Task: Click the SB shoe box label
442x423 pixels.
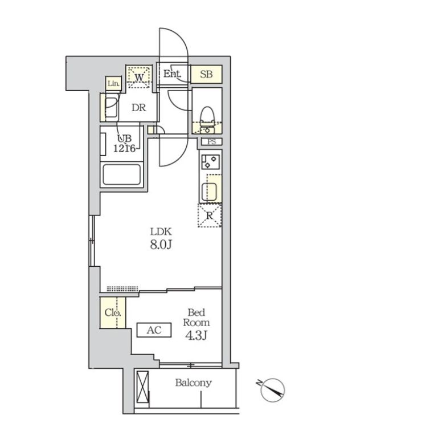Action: (206, 74)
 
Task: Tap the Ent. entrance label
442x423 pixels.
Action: (172, 74)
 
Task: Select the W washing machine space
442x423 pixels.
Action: (139, 77)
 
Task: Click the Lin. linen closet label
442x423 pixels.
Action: (113, 84)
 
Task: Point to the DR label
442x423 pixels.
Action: (139, 108)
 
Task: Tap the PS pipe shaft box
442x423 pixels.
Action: (212, 141)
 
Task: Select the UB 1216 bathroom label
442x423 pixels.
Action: (125, 143)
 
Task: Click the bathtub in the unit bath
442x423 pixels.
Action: (122, 174)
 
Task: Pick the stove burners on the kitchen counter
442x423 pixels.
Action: (210, 162)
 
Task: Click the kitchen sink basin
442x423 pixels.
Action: (209, 192)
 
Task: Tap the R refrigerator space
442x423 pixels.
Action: (210, 216)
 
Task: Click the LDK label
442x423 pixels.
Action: (161, 231)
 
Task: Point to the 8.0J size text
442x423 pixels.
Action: (161, 245)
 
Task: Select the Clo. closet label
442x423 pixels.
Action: (113, 312)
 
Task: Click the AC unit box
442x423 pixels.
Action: (154, 330)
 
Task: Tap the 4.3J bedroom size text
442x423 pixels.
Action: (196, 336)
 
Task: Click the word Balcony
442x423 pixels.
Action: (194, 383)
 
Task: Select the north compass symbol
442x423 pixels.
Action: (272, 390)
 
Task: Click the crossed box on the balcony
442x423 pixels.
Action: (142, 387)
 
